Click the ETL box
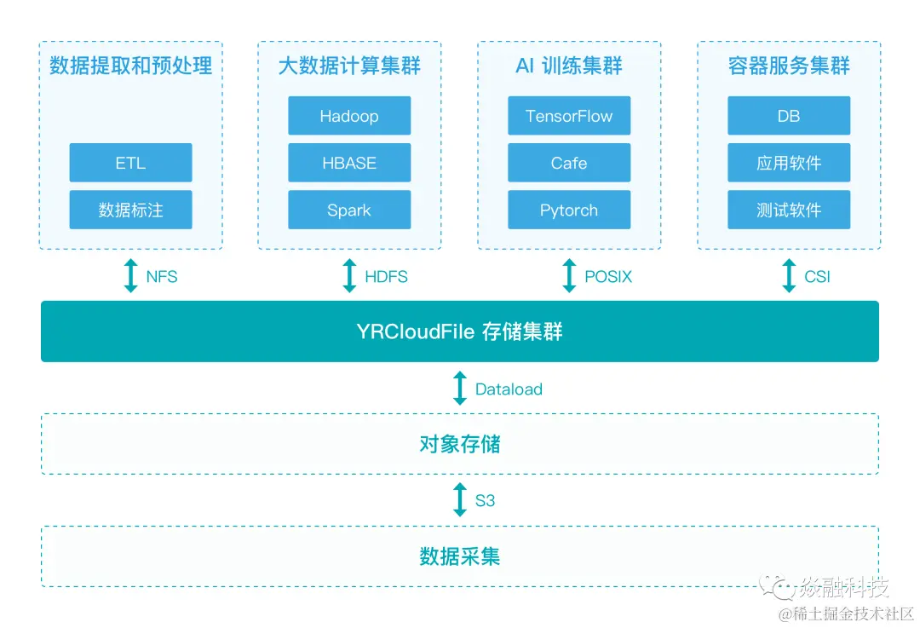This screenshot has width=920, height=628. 130,163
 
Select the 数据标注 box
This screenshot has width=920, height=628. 130,210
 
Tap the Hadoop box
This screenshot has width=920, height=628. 349,116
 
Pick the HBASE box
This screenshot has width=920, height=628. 349,163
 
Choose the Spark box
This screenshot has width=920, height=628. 349,210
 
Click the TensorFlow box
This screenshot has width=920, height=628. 569,116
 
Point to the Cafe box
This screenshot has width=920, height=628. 569,163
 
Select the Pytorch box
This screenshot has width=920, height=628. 569,210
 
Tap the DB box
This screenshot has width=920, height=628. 789,116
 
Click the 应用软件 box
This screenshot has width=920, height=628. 789,163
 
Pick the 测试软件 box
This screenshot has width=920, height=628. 789,210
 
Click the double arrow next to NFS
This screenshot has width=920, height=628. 130,276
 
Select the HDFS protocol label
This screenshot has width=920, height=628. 386,277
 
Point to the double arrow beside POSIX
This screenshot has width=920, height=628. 569,276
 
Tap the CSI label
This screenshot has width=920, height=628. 817,277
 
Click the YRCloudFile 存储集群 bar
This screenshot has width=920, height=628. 460,331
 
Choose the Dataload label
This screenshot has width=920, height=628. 509,389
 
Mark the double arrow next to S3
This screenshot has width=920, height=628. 460,500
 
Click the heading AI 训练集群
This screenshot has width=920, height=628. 569,66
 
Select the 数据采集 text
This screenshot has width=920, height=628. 460,556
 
